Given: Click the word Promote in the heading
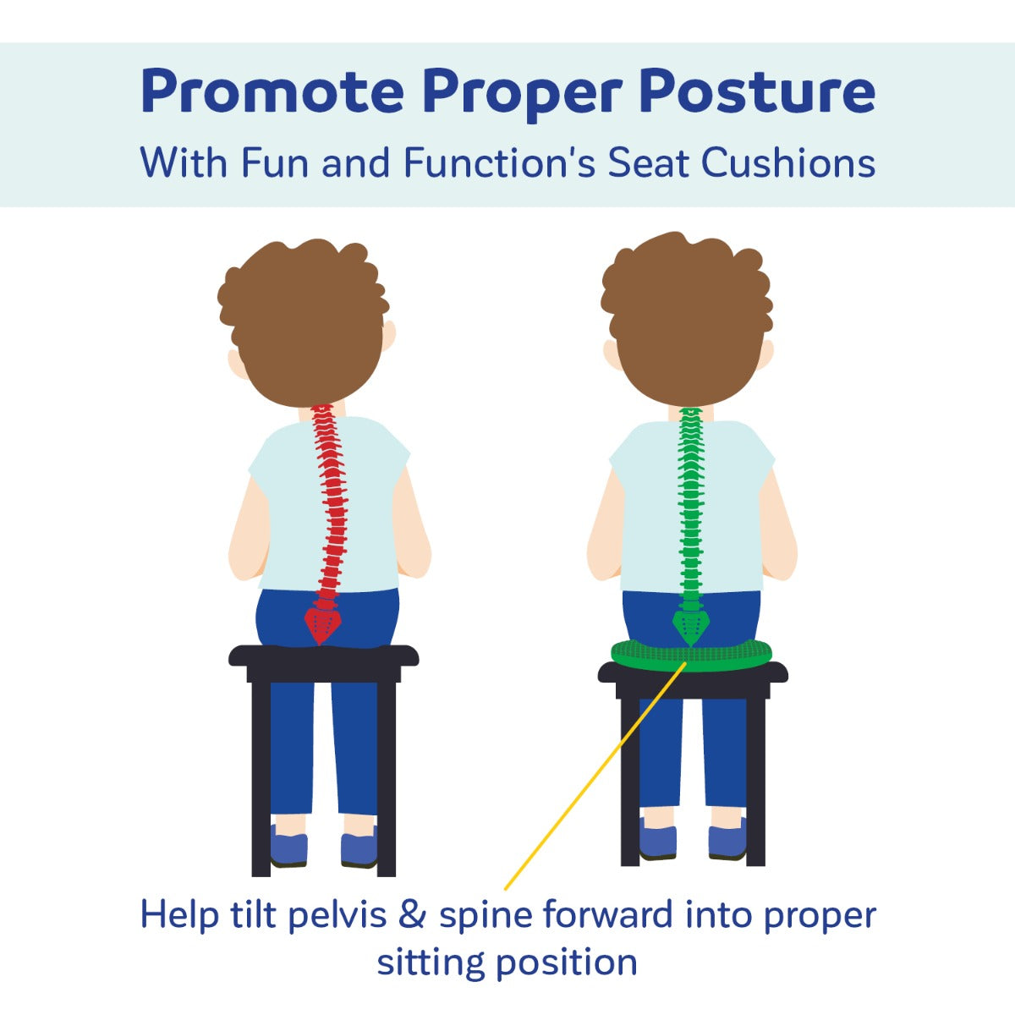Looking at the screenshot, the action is click(272, 92).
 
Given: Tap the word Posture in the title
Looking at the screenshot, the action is click(757, 92).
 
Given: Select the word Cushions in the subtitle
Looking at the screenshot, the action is click(788, 162).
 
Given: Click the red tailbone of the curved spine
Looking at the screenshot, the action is click(322, 625).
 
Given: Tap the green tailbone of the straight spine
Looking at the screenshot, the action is click(690, 628).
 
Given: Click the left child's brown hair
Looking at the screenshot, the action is click(304, 321).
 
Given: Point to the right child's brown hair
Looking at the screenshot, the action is click(687, 319).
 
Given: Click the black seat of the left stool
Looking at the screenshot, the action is click(323, 656).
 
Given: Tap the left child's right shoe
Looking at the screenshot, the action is click(359, 849).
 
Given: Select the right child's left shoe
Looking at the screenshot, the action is click(658, 842).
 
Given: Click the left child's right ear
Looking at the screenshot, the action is click(389, 335).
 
